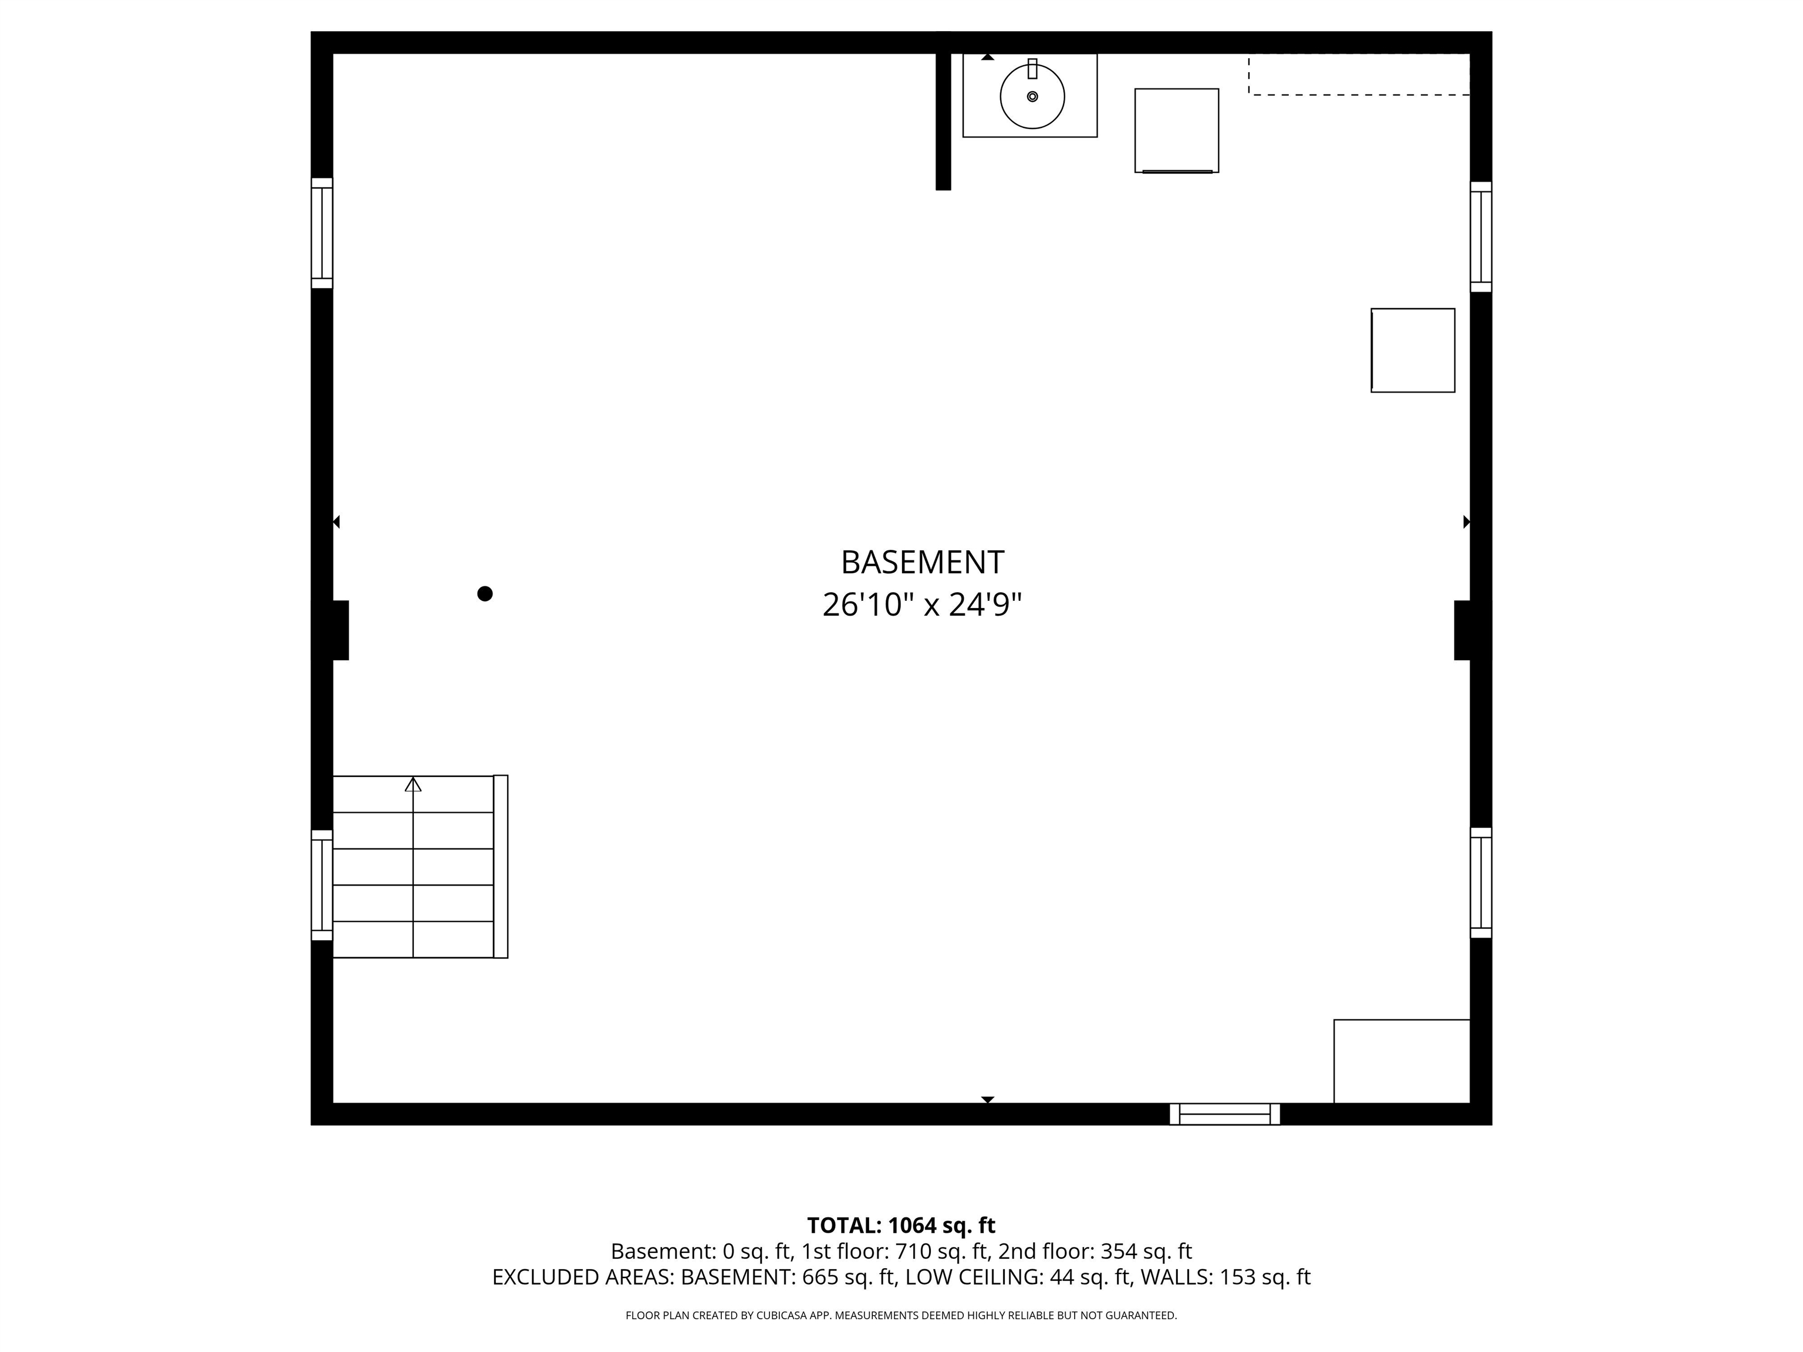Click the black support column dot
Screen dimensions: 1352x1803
485,593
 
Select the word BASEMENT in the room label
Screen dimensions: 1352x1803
922,562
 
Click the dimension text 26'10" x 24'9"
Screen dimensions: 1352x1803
922,604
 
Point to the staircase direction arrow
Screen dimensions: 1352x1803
413,784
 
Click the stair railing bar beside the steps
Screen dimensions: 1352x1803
501,866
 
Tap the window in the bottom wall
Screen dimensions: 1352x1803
1224,1114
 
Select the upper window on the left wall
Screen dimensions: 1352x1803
322,233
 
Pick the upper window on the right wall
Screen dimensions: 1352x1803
1481,236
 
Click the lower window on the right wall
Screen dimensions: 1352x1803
1481,883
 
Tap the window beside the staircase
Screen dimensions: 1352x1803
322,885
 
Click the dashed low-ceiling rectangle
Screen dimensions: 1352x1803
1359,74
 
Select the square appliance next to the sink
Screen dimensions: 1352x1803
1176,130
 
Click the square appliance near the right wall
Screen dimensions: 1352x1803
1413,350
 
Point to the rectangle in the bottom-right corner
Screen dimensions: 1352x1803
1401,1061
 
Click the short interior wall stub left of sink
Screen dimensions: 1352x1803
943,122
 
